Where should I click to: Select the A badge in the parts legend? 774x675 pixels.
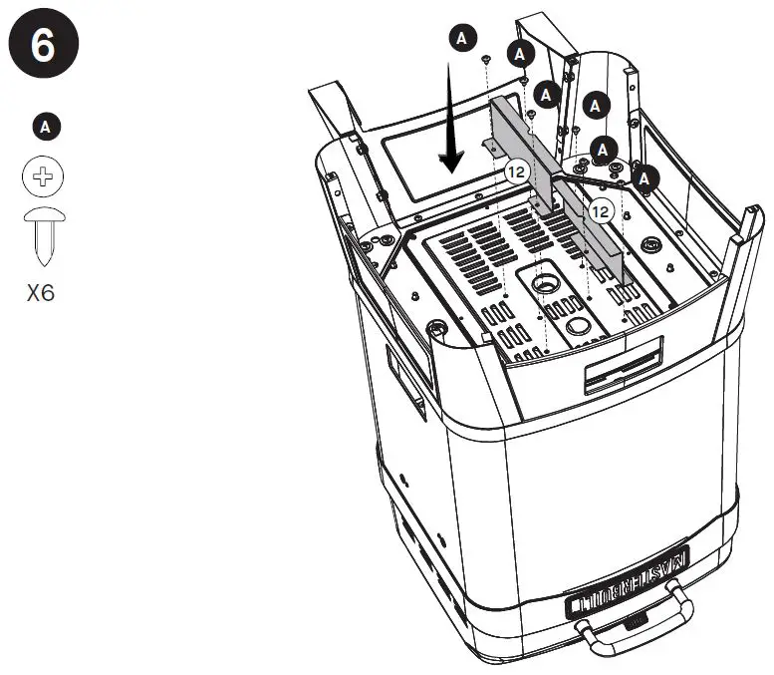point(44,126)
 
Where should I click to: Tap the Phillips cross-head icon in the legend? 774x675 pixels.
point(43,176)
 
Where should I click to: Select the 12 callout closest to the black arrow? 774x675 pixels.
point(515,171)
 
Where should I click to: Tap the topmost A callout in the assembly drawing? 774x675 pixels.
point(460,38)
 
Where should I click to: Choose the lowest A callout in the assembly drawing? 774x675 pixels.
point(647,179)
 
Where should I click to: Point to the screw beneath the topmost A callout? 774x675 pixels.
point(484,62)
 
